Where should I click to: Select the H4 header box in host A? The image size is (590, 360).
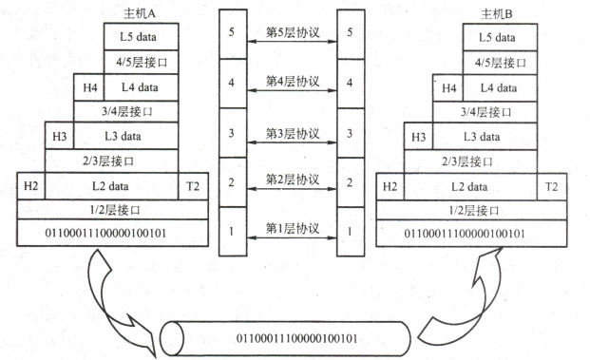coord(90,87)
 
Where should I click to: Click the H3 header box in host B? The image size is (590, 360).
coord(419,137)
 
